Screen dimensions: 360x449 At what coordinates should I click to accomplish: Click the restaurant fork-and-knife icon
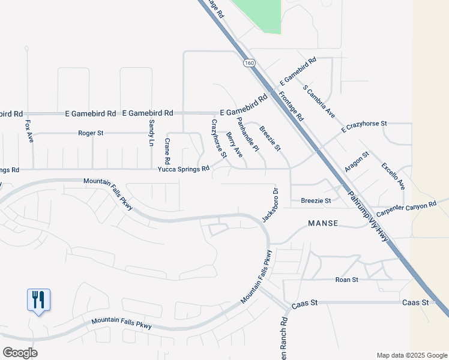pos(38,299)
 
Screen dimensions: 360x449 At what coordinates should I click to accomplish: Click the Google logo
pos(20,353)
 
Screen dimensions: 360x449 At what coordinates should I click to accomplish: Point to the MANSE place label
pos(323,223)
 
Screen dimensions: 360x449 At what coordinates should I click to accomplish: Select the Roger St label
pos(91,133)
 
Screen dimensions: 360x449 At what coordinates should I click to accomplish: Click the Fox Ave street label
pos(28,132)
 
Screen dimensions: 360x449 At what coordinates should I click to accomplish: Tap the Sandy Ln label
pos(151,133)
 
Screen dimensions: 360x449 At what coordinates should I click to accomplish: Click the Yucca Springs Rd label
pos(183,169)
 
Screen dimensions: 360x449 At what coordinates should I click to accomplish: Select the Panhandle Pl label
pos(247,134)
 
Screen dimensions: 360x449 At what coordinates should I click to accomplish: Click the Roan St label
pos(346,280)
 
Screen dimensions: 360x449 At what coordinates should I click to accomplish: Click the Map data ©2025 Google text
pos(411,355)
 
